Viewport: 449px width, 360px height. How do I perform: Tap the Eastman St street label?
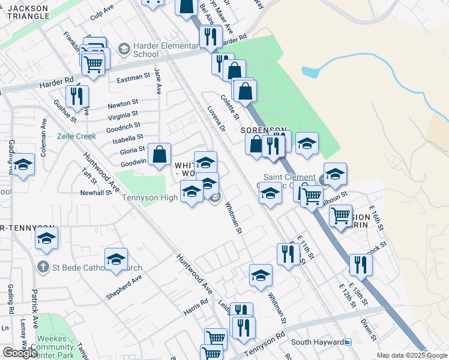tap(133, 77)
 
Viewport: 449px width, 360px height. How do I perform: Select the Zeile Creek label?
tap(76, 136)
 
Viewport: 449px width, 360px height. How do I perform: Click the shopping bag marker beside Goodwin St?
tap(160, 154)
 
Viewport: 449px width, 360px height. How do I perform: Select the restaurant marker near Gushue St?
tap(77, 96)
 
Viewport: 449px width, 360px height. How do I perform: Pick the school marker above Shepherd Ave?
tap(116, 259)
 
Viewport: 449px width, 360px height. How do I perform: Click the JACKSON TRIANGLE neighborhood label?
tap(30, 12)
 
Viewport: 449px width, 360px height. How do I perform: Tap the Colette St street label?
tap(230, 107)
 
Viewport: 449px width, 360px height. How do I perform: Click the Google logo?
tap(20, 352)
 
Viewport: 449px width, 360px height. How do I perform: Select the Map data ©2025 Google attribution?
tap(412, 355)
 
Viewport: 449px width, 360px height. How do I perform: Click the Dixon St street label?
tap(368, 329)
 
